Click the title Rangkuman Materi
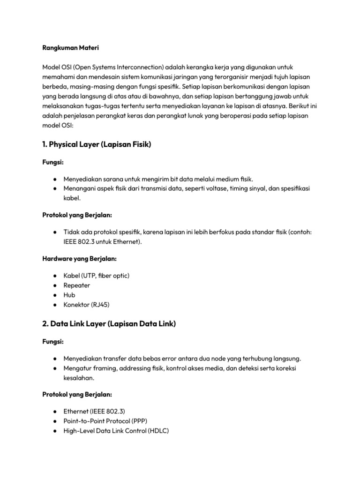pyautogui.click(x=70, y=48)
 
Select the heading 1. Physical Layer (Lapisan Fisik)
pyautogui.click(x=96, y=145)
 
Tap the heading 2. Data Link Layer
pyautogui.click(x=109, y=323)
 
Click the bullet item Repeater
pyautogui.click(x=77, y=285)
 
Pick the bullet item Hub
pyautogui.click(x=69, y=295)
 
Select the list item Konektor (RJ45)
pyautogui.click(x=87, y=305)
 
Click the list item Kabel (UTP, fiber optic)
pyautogui.click(x=96, y=275)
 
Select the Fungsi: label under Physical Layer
pyautogui.click(x=52, y=162)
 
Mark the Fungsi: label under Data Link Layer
pyautogui.click(x=52, y=342)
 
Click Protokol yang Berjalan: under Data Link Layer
pyautogui.click(x=77, y=394)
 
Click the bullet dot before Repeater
pyautogui.click(x=55, y=285)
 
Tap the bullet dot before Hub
pyautogui.click(x=55, y=295)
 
